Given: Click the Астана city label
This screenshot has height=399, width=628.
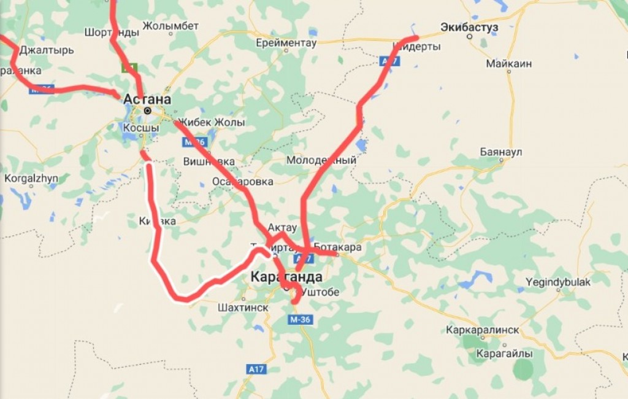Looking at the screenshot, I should click(147, 99).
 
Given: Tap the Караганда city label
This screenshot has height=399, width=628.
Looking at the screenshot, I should click(286, 277).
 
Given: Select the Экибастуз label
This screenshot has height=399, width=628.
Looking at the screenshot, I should click(469, 27).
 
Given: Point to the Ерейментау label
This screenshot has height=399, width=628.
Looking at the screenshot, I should click(286, 43).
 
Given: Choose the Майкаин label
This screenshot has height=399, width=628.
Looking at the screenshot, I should click(508, 63).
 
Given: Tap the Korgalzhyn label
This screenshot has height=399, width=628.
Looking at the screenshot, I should click(31, 179).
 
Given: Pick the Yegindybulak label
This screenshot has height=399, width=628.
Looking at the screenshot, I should click(558, 282).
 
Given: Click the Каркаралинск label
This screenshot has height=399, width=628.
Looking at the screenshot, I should click(483, 330).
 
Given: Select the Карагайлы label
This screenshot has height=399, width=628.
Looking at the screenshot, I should click(505, 354).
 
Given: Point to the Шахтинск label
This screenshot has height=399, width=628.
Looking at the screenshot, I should click(243, 308).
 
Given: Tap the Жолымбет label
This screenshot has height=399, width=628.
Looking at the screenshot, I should click(170, 26).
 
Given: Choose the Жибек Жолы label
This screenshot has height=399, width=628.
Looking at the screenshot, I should click(212, 122).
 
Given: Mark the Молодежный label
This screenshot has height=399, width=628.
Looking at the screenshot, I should click(321, 160).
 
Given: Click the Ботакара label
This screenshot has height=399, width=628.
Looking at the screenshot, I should click(337, 247).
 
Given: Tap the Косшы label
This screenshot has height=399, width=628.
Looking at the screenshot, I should click(141, 128).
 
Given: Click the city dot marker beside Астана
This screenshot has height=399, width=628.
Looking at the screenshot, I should click(147, 110).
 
